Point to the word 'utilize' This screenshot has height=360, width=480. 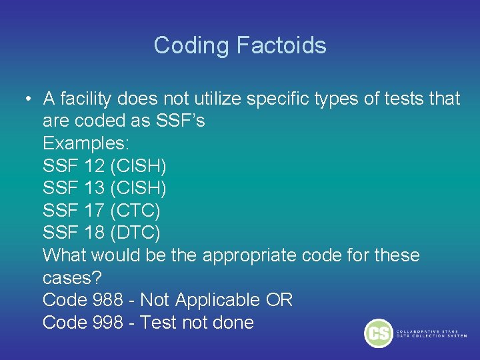[x=219, y=99]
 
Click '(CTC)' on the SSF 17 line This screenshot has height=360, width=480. [x=136, y=211]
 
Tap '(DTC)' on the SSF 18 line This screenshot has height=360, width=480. [x=136, y=233]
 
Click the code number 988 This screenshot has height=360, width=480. [x=108, y=300]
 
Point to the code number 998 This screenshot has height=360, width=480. [x=108, y=323]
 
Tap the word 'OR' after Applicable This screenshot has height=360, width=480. [x=279, y=300]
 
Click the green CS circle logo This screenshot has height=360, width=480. [x=379, y=333]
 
